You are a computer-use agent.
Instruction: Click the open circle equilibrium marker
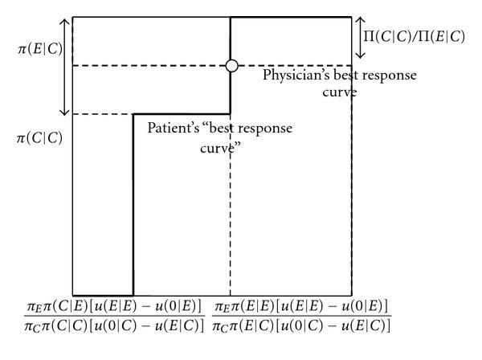click(231, 66)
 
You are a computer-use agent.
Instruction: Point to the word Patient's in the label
click(171, 129)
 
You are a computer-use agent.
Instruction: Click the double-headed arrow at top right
click(361, 38)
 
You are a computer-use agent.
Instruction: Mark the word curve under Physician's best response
click(341, 92)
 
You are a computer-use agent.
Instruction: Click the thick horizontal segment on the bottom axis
click(102, 295)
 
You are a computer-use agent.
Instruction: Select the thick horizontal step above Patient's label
click(182, 114)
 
